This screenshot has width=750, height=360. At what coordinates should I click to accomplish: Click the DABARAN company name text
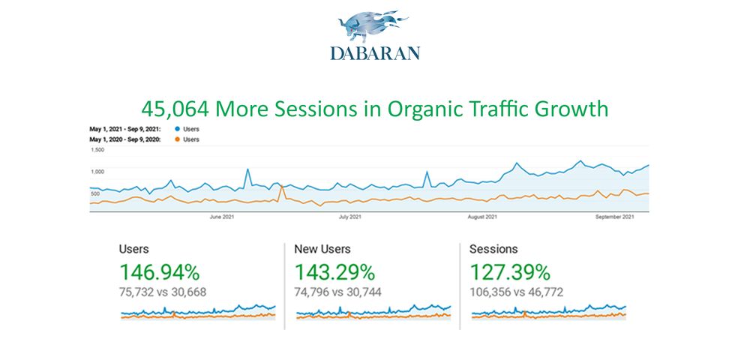pyautogui.click(x=375, y=52)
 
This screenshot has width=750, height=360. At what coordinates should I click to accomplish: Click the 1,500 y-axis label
pyautogui.click(x=97, y=150)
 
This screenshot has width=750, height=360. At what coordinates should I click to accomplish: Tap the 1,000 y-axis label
pyautogui.click(x=97, y=172)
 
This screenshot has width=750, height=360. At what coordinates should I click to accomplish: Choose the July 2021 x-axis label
pyautogui.click(x=350, y=217)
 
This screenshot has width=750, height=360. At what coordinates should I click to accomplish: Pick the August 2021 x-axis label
pyautogui.click(x=482, y=217)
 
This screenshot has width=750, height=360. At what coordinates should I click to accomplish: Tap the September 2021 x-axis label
pyautogui.click(x=616, y=217)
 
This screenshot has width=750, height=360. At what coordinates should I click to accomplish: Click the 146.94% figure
pyautogui.click(x=159, y=272)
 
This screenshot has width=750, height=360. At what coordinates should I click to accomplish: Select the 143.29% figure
pyautogui.click(x=334, y=272)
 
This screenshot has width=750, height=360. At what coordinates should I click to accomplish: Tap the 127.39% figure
pyautogui.click(x=510, y=272)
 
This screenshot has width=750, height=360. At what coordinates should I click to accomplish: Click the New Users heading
pyautogui.click(x=322, y=249)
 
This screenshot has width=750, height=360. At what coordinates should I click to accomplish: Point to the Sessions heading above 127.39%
pyautogui.click(x=493, y=249)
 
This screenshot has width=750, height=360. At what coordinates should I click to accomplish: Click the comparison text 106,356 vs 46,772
pyautogui.click(x=516, y=292)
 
